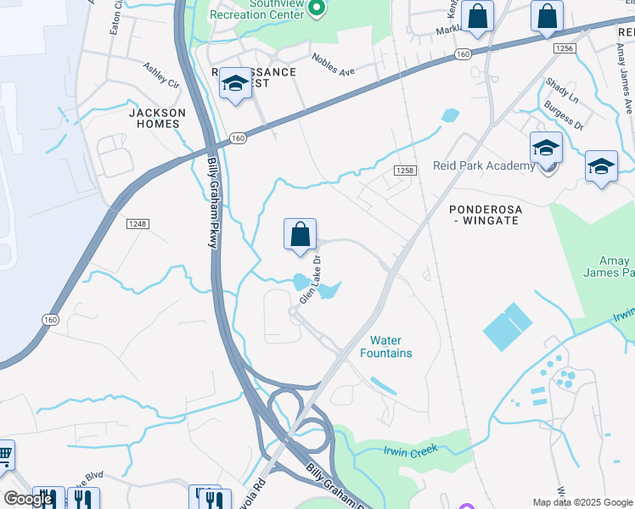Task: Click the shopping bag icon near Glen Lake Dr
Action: point(300,236)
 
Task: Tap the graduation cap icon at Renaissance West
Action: point(235,84)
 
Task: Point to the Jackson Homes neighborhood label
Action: point(157,118)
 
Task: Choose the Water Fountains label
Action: point(385,346)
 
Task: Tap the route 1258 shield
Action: point(404,171)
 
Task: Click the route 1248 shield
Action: point(137,224)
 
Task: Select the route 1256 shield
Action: point(565,48)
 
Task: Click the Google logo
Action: point(28,499)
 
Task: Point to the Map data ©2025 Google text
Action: point(582,502)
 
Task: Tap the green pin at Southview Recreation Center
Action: point(316,9)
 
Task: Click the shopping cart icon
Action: point(4,456)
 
